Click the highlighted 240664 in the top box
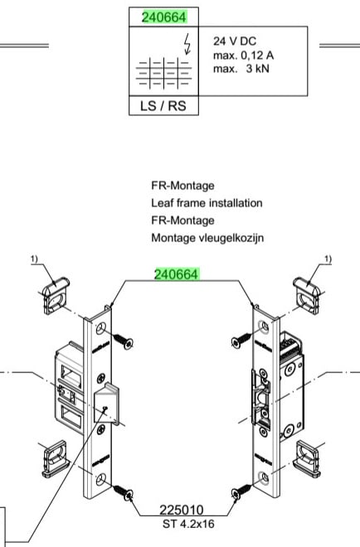click(x=164, y=17)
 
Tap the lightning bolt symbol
click(x=187, y=44)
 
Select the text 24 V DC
click(x=235, y=41)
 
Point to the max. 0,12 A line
click(x=243, y=56)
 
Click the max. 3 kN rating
click(x=241, y=68)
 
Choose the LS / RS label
click(x=163, y=106)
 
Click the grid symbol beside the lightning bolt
click(x=163, y=73)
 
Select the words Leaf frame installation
click(x=207, y=203)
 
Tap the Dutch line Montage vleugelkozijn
click(x=207, y=238)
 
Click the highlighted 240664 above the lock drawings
click(x=177, y=274)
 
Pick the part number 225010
click(x=181, y=511)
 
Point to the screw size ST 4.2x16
click(x=188, y=524)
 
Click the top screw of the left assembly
click(x=123, y=341)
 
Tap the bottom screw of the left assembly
click(x=123, y=491)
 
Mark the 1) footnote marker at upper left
click(x=34, y=259)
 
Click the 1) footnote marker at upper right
click(x=328, y=259)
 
